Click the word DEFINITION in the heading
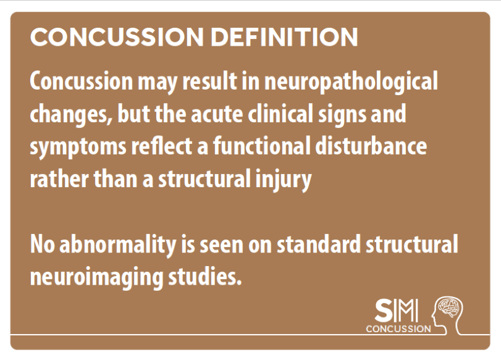284,37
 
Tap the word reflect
161,146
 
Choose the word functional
262,146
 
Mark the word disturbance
371,146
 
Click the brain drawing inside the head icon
450,308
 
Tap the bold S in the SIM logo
383,311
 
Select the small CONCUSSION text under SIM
398,329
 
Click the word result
209,81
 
